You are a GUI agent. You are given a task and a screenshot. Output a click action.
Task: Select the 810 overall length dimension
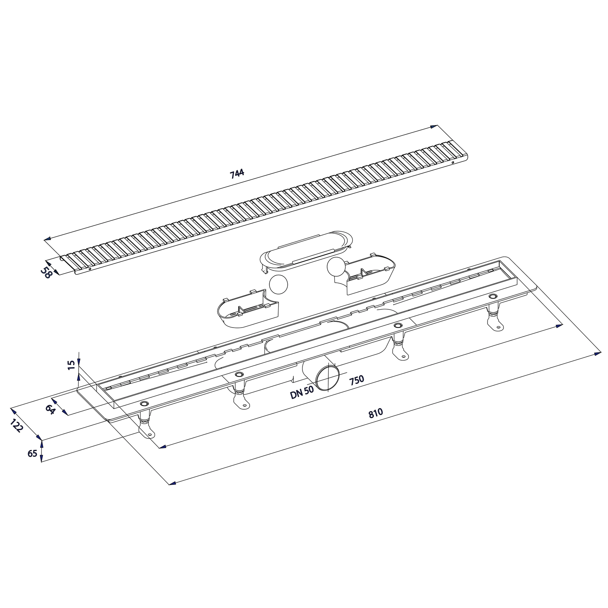tap(375, 413)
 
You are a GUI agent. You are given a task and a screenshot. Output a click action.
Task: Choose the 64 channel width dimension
tap(49, 410)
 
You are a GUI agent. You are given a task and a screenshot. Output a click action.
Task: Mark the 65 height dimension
tap(33, 453)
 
